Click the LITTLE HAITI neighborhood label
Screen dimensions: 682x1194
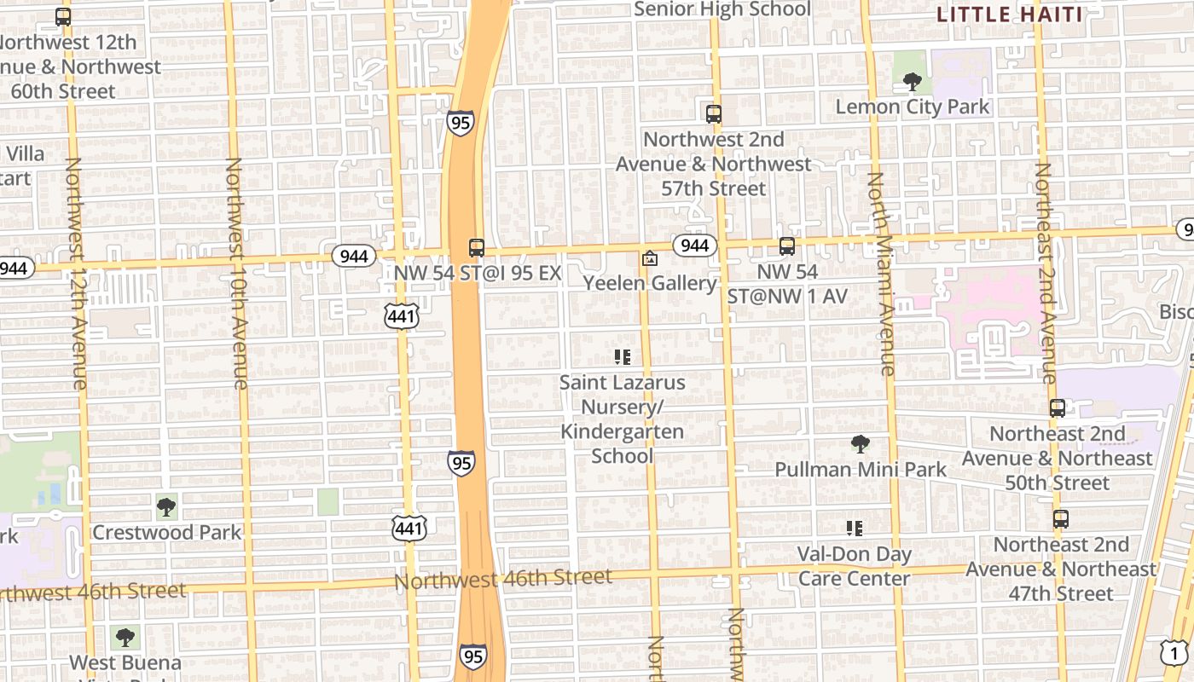click(x=1010, y=14)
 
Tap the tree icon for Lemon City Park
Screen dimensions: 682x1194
click(x=912, y=82)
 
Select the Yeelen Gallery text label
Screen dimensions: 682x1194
click(x=650, y=283)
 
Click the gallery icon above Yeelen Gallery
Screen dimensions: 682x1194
click(x=650, y=257)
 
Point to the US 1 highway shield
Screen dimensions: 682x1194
click(x=1174, y=653)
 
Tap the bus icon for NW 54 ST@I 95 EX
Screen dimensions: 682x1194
click(x=477, y=248)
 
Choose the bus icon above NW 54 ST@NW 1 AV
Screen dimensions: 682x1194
click(x=787, y=246)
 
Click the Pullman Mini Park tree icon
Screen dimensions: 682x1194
click(x=860, y=444)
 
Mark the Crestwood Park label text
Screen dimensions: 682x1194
click(x=167, y=533)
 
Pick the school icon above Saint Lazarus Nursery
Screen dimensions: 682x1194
click(x=623, y=357)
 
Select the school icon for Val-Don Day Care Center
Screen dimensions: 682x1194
click(x=855, y=529)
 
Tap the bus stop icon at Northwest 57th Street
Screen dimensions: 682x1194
click(x=714, y=113)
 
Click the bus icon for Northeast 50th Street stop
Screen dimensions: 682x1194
click(x=1058, y=408)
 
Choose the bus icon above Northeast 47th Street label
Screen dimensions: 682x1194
click(x=1061, y=519)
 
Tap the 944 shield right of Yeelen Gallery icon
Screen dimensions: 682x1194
click(x=695, y=246)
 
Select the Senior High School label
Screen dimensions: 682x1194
click(x=722, y=9)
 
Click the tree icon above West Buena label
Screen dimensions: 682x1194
click(x=125, y=637)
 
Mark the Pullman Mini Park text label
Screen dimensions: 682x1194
click(x=861, y=470)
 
